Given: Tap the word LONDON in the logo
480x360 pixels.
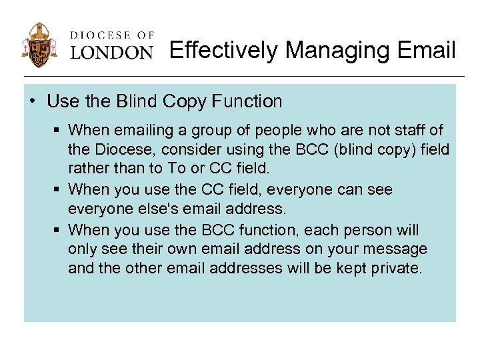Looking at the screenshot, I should tap(112, 52).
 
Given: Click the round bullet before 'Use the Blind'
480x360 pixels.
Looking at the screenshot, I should tap(33, 102).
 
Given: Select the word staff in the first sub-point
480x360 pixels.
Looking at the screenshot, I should tap(412, 129).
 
